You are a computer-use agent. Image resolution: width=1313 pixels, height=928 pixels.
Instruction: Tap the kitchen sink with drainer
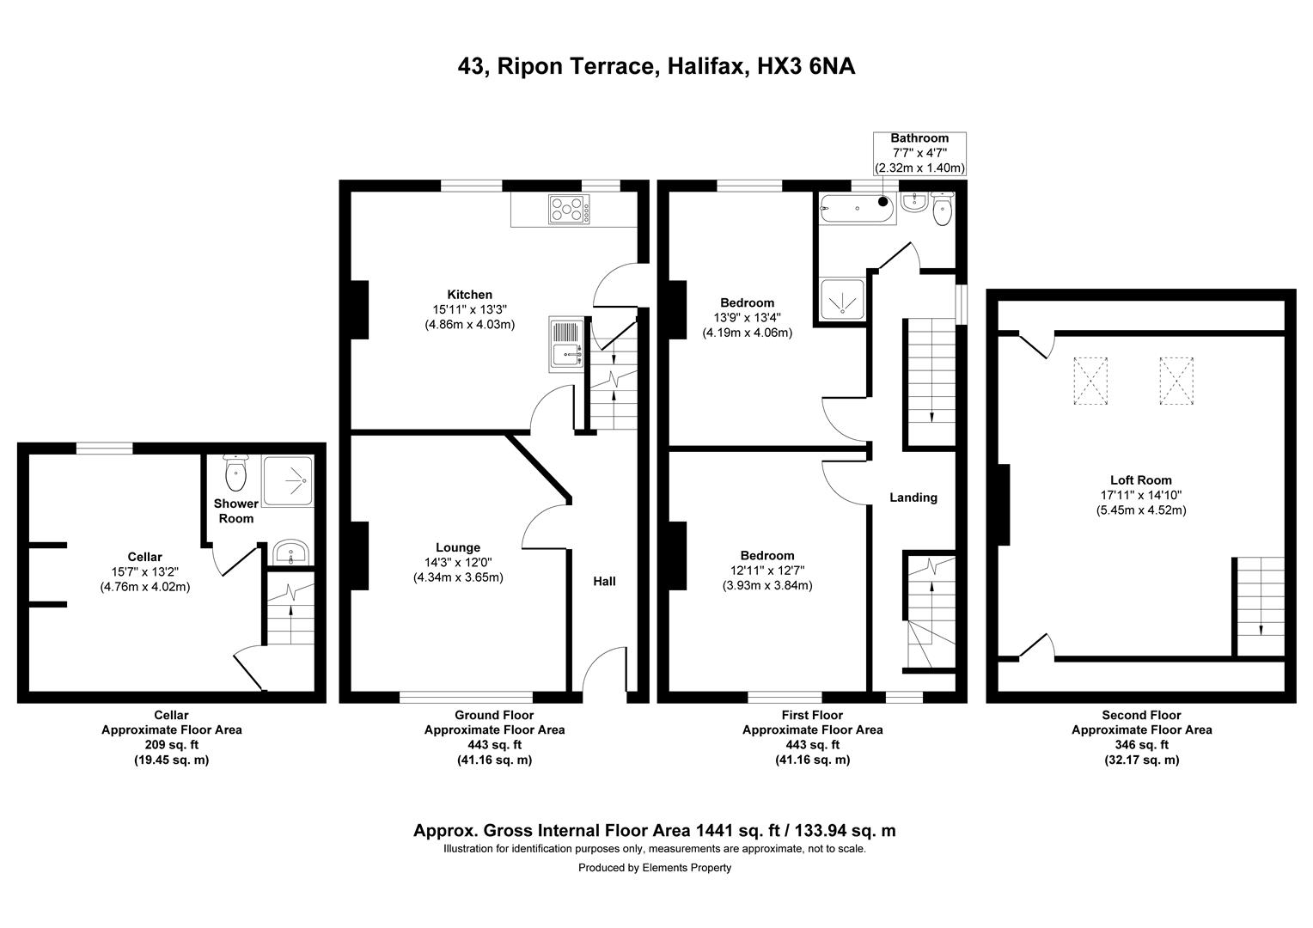[566, 343]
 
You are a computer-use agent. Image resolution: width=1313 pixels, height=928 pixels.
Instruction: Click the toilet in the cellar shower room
[235, 473]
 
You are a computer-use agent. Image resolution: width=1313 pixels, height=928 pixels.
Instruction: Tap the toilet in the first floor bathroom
[943, 209]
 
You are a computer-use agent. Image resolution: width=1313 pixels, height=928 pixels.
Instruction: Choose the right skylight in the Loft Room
[1177, 381]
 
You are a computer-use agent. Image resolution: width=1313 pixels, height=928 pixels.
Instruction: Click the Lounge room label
[457, 547]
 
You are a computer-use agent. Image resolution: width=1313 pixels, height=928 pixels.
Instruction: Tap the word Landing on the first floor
[913, 498]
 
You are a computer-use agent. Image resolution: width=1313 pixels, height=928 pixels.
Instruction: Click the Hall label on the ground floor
[604, 582]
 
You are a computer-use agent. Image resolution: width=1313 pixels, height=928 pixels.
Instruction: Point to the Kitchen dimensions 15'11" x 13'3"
[469, 310]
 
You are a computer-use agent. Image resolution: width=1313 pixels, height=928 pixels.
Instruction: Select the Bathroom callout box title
[919, 138]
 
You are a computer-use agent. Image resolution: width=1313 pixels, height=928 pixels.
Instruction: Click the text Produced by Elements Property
[655, 868]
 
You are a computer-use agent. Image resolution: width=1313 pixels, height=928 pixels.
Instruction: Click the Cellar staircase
[290, 611]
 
